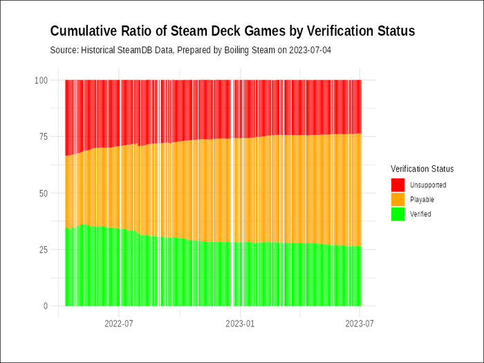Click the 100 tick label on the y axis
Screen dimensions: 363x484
[x=41, y=80]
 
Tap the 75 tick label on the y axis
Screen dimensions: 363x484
[x=43, y=137]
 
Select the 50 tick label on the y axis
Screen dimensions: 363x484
[x=43, y=194]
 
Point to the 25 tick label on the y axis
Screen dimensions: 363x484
[x=43, y=250]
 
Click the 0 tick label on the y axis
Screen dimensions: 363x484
[x=45, y=306]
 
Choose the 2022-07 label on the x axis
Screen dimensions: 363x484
[x=119, y=323]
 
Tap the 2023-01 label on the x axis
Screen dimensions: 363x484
[x=240, y=323]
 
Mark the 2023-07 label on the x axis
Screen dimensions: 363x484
[x=360, y=323]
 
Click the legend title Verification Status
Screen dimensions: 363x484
[x=422, y=169]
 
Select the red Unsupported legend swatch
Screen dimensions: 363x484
[x=398, y=185]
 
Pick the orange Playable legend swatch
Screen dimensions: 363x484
[x=398, y=200]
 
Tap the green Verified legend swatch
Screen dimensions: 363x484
[x=398, y=214]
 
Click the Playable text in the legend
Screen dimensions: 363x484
[x=422, y=200]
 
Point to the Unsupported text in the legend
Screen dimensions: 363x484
[x=428, y=185]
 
